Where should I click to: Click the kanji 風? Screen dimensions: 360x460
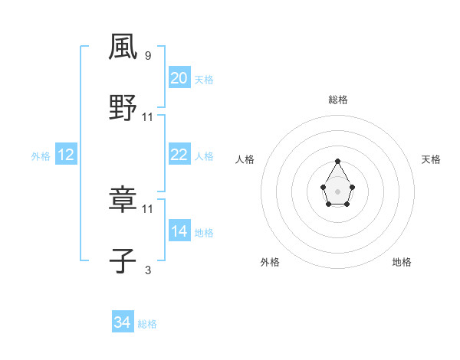coord(123,47)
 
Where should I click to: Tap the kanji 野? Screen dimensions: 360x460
coord(123,108)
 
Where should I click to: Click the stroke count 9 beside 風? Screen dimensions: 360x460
coord(148,55)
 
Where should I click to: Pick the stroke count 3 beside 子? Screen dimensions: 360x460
coord(148,270)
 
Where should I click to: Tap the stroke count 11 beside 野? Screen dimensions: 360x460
coord(148,116)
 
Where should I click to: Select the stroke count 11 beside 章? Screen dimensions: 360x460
coord(148,208)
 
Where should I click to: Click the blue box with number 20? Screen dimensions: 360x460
coord(179,78)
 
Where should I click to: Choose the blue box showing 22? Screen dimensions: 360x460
coord(179,155)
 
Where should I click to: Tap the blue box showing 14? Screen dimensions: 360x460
coord(179,231)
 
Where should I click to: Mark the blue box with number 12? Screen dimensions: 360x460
coord(66,155)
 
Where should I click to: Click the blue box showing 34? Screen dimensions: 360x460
coord(123,323)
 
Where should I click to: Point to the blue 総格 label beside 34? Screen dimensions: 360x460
coord(147,324)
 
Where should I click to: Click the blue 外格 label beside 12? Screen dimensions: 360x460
coord(41,155)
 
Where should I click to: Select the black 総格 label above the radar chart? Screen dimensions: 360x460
coord(338,100)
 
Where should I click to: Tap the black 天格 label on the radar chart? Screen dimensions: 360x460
coord(431,159)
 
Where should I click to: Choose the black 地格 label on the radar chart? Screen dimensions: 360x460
coord(402,262)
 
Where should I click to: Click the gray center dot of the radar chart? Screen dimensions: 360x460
coord(337,190)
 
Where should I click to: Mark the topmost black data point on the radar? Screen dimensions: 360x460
coord(337,162)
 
